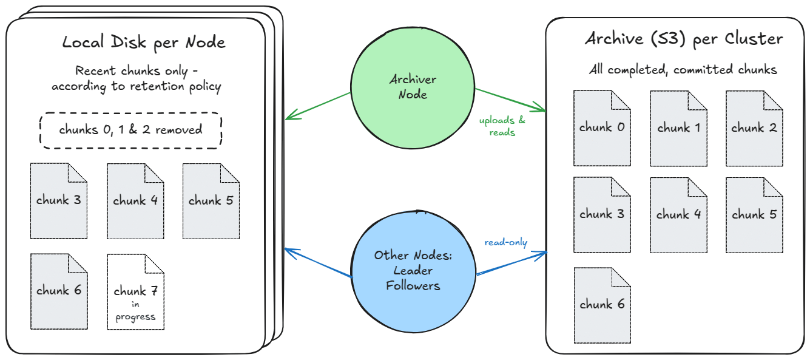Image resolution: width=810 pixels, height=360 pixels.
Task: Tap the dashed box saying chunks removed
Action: click(x=130, y=130)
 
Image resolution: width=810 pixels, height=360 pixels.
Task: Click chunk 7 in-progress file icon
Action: click(x=135, y=292)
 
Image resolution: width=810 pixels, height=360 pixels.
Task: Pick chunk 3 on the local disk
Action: click(x=59, y=201)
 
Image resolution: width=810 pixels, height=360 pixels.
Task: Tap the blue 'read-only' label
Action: click(x=505, y=243)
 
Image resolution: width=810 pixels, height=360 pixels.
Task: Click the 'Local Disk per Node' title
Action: click(x=144, y=42)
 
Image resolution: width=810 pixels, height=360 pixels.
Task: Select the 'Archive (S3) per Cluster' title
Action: click(x=684, y=39)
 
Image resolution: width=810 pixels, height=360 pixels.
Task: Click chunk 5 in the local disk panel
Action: click(x=211, y=201)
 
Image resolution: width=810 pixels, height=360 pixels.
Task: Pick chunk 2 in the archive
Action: click(x=754, y=128)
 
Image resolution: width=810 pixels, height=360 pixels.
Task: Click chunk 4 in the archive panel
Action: click(x=678, y=215)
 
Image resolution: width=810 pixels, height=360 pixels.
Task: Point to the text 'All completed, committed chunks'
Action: click(x=683, y=70)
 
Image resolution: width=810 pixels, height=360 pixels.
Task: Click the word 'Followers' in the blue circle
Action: click(x=413, y=285)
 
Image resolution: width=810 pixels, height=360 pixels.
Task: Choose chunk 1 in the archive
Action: click(x=678, y=128)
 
